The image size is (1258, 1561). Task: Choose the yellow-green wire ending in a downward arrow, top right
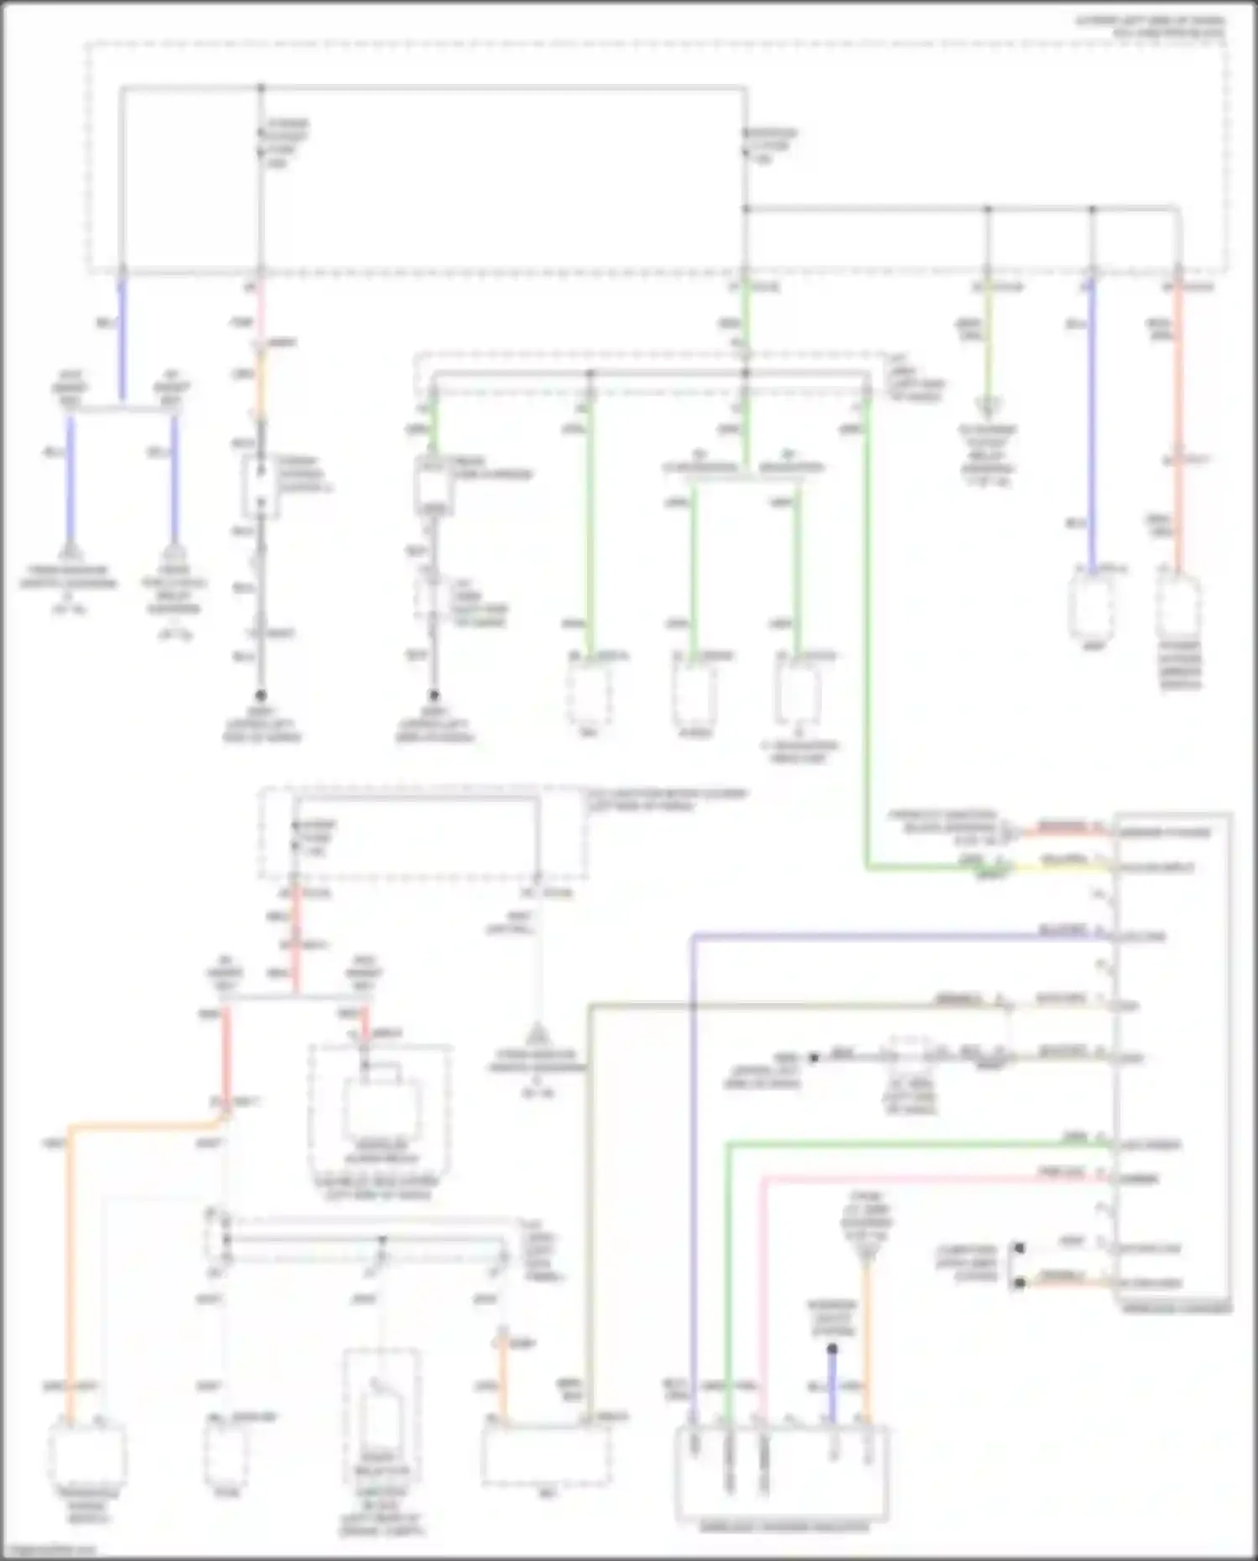[988, 344]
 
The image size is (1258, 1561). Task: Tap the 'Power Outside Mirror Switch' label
[1180, 665]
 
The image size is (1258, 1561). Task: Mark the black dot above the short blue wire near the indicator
[832, 1349]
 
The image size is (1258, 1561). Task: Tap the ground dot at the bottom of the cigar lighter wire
[261, 695]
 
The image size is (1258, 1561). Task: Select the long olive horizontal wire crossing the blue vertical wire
[797, 1005]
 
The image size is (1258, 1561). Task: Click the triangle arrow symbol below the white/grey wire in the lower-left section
[537, 1033]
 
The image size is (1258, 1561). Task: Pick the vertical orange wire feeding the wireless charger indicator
[867, 1334]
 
